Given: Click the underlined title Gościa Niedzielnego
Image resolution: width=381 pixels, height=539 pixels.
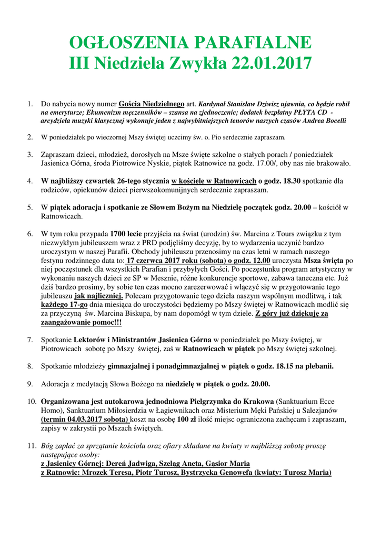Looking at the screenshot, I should click(x=152, y=104).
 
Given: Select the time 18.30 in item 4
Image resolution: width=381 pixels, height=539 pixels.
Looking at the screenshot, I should click(x=289, y=181).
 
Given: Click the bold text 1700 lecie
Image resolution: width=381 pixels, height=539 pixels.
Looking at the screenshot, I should click(x=127, y=233).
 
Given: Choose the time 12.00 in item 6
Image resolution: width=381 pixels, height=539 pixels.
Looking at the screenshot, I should click(x=260, y=260).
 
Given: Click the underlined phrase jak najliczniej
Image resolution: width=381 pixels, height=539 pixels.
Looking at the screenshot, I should click(x=98, y=296).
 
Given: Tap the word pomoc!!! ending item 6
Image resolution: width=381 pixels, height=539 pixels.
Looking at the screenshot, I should click(x=105, y=322).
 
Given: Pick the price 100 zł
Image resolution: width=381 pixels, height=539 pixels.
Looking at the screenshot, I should click(x=185, y=419).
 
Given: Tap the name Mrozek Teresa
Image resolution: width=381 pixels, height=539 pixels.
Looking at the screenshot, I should click(x=103, y=472).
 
